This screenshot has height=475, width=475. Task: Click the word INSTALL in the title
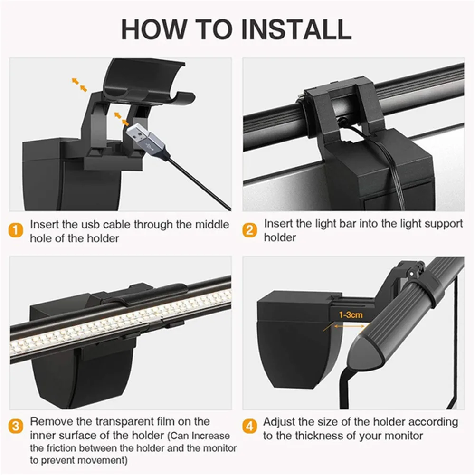tap(296, 29)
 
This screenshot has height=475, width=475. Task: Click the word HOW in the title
tap(153, 29)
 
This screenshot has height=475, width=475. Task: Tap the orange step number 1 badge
tap(16, 230)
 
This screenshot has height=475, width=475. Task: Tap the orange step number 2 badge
tap(250, 230)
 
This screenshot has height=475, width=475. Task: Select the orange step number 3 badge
tap(16, 427)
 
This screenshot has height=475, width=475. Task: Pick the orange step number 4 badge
tap(250, 427)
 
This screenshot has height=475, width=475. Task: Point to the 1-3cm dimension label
tap(351, 315)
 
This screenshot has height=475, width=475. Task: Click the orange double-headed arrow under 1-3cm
tap(349, 326)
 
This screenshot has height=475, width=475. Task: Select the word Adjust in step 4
tap(279, 422)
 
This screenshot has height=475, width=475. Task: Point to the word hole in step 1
tap(41, 239)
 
